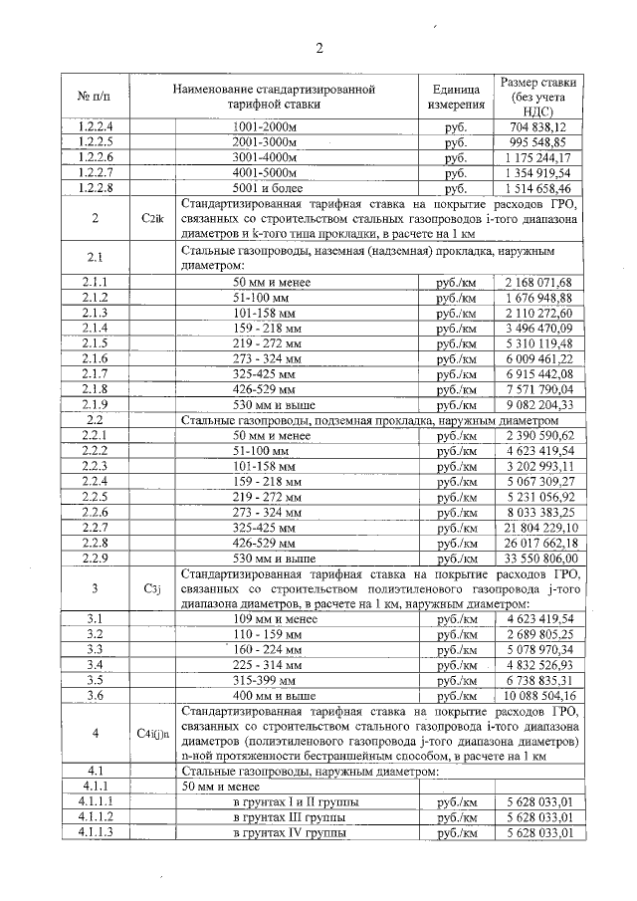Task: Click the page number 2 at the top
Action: [319, 49]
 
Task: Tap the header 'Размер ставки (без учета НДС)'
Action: [540, 97]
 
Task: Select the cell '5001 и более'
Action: [273, 187]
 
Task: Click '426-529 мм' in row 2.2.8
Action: [273, 543]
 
